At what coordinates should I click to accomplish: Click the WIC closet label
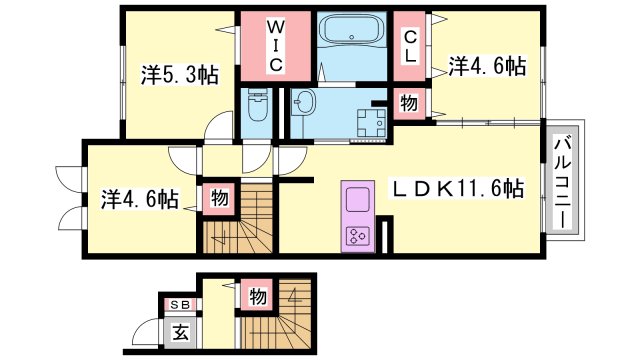[x=276, y=46]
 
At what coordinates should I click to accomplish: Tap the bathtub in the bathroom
[x=352, y=30]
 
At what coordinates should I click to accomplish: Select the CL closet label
[x=410, y=47]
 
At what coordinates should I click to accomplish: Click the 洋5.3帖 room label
[x=180, y=75]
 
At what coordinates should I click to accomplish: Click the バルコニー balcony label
[x=563, y=184]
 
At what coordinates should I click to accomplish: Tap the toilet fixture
[x=257, y=106]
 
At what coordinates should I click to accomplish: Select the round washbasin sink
[x=304, y=101]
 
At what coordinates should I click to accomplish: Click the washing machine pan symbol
[x=371, y=122]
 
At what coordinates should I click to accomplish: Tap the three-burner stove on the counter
[x=358, y=236]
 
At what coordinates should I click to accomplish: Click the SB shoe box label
[x=180, y=304]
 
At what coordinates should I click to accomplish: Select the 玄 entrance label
[x=180, y=333]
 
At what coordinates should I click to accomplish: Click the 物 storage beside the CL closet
[x=409, y=103]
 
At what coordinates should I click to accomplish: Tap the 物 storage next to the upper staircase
[x=220, y=199]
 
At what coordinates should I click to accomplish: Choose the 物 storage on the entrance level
[x=258, y=296]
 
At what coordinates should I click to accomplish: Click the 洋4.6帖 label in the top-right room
[x=487, y=66]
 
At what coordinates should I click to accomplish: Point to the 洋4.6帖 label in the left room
[x=140, y=200]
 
